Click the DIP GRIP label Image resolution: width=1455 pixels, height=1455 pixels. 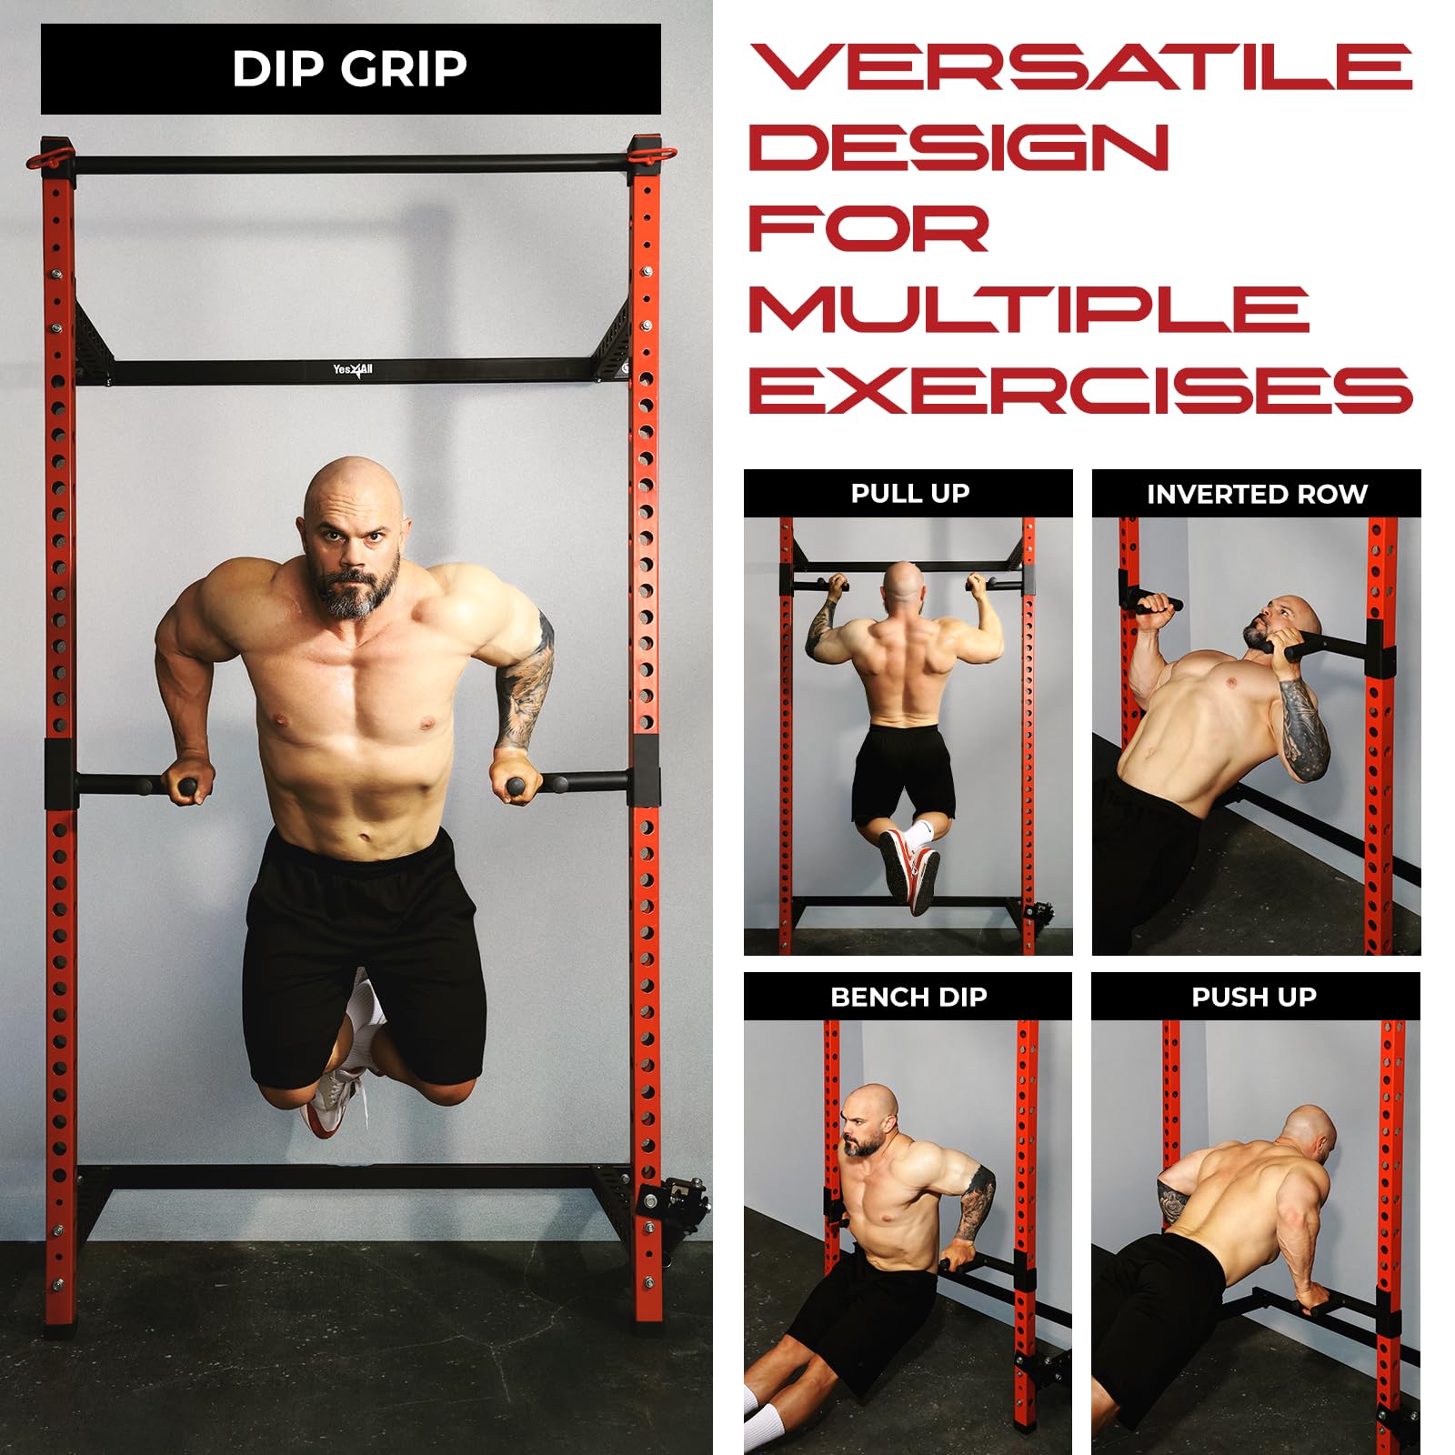tap(350, 68)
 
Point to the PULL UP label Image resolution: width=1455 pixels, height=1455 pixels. tap(909, 493)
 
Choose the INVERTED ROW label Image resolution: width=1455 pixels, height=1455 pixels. tap(1257, 494)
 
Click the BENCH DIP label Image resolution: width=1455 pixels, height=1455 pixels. tap(908, 997)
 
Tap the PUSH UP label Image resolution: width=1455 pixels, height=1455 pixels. tap(1254, 997)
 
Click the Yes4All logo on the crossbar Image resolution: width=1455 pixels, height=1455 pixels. tap(353, 370)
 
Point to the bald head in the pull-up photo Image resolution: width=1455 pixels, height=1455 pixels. tap(904, 586)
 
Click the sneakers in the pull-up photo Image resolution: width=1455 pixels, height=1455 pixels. tap(909, 868)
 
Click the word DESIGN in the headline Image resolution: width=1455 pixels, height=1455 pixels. tap(958, 147)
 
